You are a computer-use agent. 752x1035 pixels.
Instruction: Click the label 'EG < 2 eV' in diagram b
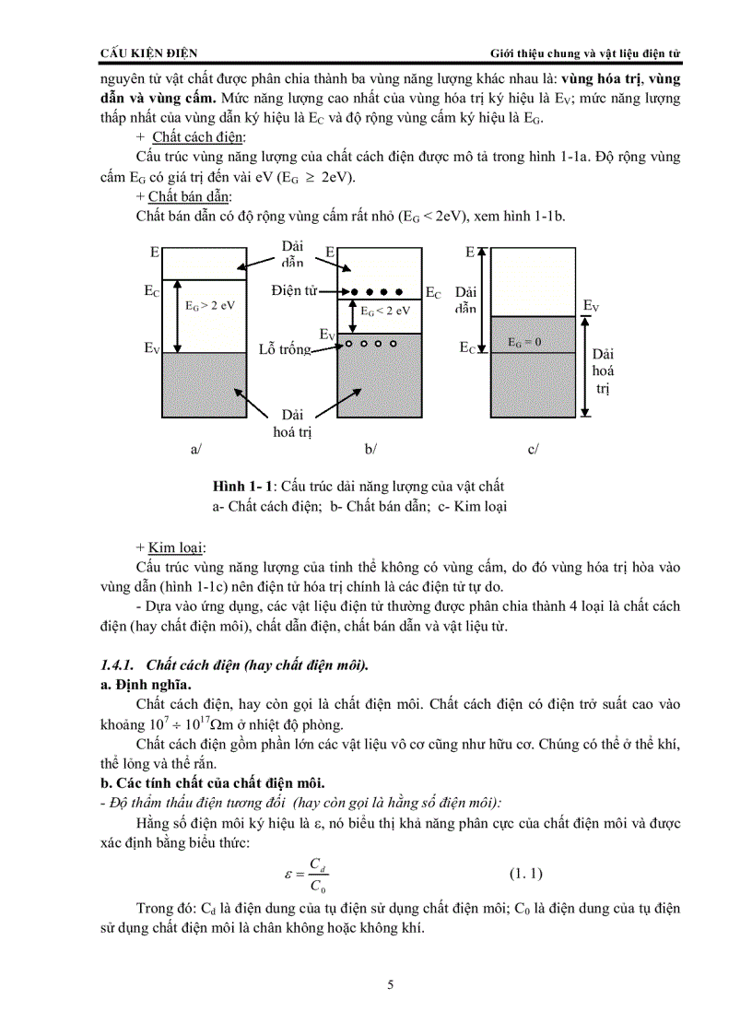point(384,311)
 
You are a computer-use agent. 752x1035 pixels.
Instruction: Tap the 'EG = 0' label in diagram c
point(524,342)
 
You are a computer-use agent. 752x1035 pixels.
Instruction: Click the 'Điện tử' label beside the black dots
point(294,290)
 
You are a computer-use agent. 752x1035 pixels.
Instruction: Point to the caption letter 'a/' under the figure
point(195,449)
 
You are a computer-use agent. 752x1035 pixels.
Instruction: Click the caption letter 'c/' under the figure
point(533,449)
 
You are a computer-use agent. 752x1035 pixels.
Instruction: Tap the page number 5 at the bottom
point(391,985)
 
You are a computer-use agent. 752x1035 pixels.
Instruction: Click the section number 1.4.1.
point(118,665)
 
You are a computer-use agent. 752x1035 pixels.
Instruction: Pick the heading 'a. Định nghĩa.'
point(145,685)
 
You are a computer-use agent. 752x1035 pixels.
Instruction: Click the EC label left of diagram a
point(151,290)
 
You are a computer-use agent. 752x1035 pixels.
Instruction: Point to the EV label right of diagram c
point(592,306)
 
